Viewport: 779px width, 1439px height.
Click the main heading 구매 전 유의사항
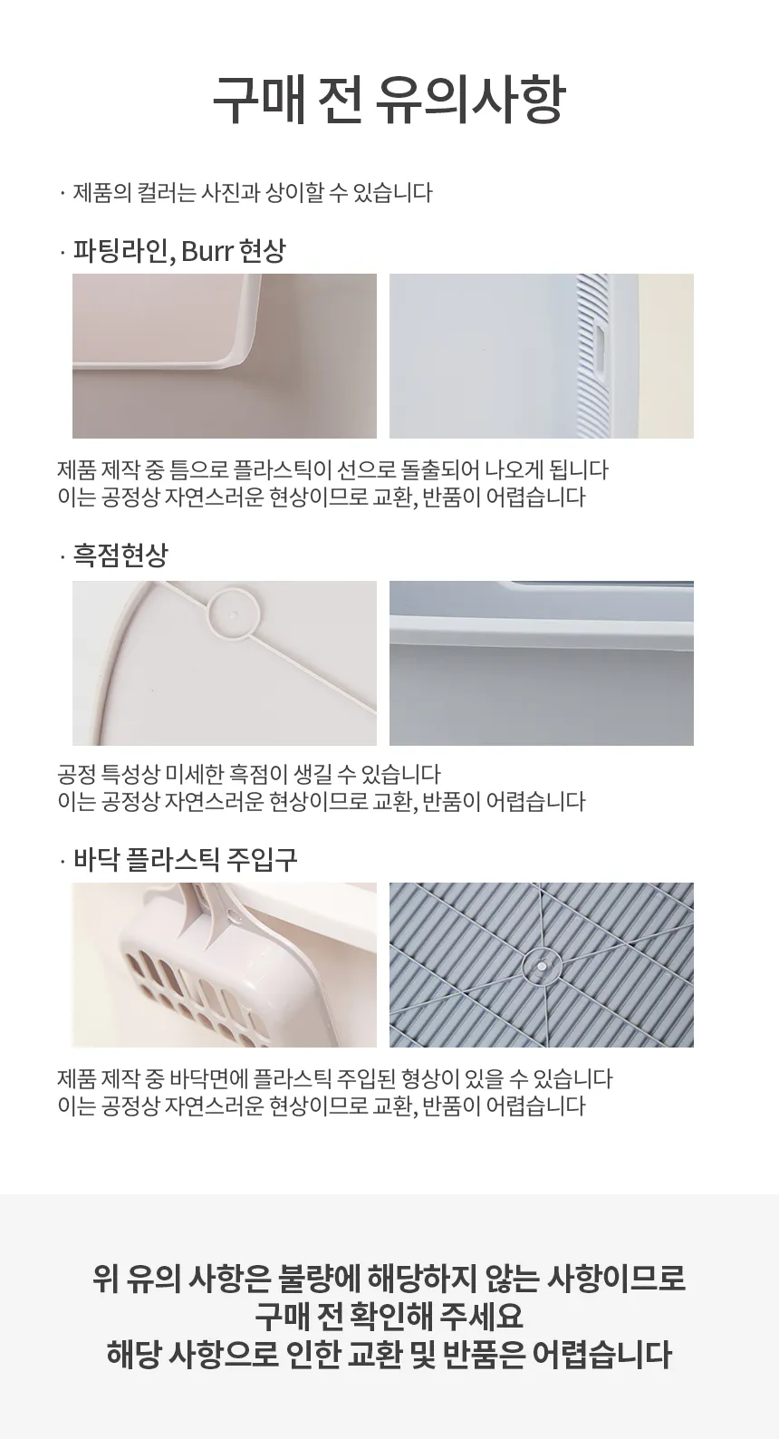click(389, 101)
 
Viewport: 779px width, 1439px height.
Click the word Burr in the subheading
click(207, 250)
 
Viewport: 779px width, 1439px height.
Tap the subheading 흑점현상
click(120, 555)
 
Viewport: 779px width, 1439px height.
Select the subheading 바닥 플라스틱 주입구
click(185, 859)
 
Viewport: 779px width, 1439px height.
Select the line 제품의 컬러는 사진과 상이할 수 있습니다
click(253, 192)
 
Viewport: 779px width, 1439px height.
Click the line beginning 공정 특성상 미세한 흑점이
click(249, 774)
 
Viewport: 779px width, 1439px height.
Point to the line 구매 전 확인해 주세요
click(389, 1316)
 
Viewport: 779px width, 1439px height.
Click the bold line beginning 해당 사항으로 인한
click(389, 1353)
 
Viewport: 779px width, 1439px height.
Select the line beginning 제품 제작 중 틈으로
click(332, 469)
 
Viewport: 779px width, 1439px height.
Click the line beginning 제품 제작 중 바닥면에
click(334, 1078)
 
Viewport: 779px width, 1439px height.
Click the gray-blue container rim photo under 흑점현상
click(542, 663)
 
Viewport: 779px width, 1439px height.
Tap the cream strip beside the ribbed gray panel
click(666, 356)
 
